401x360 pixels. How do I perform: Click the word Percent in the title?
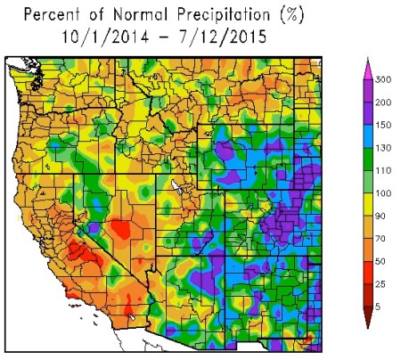[48, 15]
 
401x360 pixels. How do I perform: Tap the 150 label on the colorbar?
[386, 128]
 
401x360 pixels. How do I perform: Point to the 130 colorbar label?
[386, 151]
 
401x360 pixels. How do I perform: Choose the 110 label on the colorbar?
[386, 173]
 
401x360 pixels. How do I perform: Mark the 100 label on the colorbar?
[386, 195]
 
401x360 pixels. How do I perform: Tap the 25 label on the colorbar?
[383, 284]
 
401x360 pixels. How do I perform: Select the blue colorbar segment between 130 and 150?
[368, 140]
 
